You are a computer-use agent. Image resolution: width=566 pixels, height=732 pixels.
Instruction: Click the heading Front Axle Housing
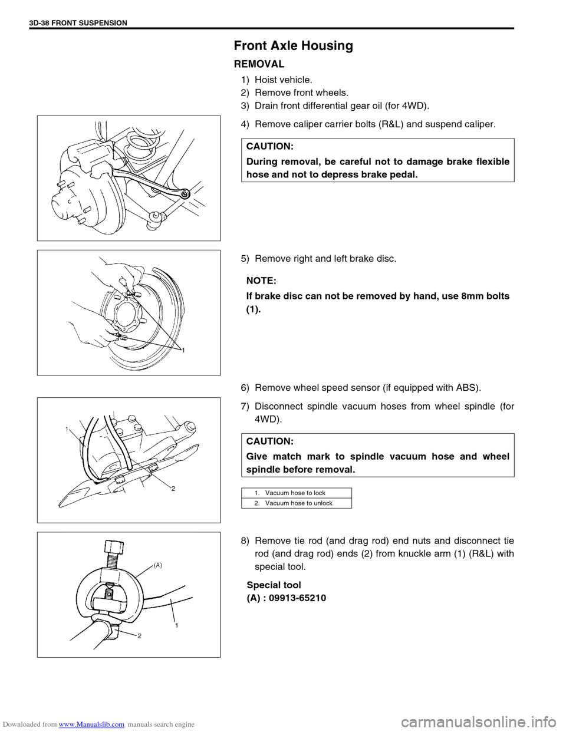[x=293, y=45]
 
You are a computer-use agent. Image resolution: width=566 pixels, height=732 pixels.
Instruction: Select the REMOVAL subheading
[x=259, y=64]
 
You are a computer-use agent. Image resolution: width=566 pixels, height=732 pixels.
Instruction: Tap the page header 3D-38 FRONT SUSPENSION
[x=78, y=23]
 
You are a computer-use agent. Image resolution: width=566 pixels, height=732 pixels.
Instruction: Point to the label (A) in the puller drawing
[x=157, y=566]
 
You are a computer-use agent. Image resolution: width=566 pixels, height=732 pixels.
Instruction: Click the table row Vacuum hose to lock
[x=295, y=493]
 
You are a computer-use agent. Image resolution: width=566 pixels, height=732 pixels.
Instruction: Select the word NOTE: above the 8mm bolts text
[x=261, y=281]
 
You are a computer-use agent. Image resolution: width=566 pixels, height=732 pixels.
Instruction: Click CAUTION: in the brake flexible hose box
[x=270, y=146]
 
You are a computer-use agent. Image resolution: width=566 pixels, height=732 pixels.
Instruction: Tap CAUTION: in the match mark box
[x=270, y=441]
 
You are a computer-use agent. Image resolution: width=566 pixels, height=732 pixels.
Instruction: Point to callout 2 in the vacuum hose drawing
[x=173, y=489]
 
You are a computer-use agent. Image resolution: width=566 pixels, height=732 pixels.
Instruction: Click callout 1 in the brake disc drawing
[x=183, y=351]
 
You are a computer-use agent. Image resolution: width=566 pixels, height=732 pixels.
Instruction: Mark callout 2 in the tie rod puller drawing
[x=139, y=636]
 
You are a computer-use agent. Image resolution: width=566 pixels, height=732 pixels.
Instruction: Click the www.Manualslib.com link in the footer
[x=91, y=724]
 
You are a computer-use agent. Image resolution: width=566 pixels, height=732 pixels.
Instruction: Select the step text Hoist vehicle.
[x=284, y=80]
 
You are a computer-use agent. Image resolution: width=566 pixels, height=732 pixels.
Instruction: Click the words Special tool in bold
[x=274, y=585]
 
